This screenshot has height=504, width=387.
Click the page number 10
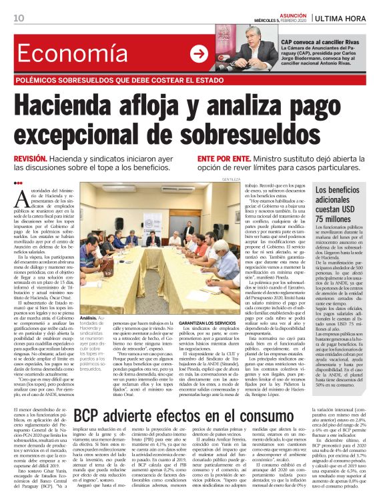click(x=19, y=19)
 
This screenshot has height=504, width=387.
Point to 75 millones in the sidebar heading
click(x=341, y=218)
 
